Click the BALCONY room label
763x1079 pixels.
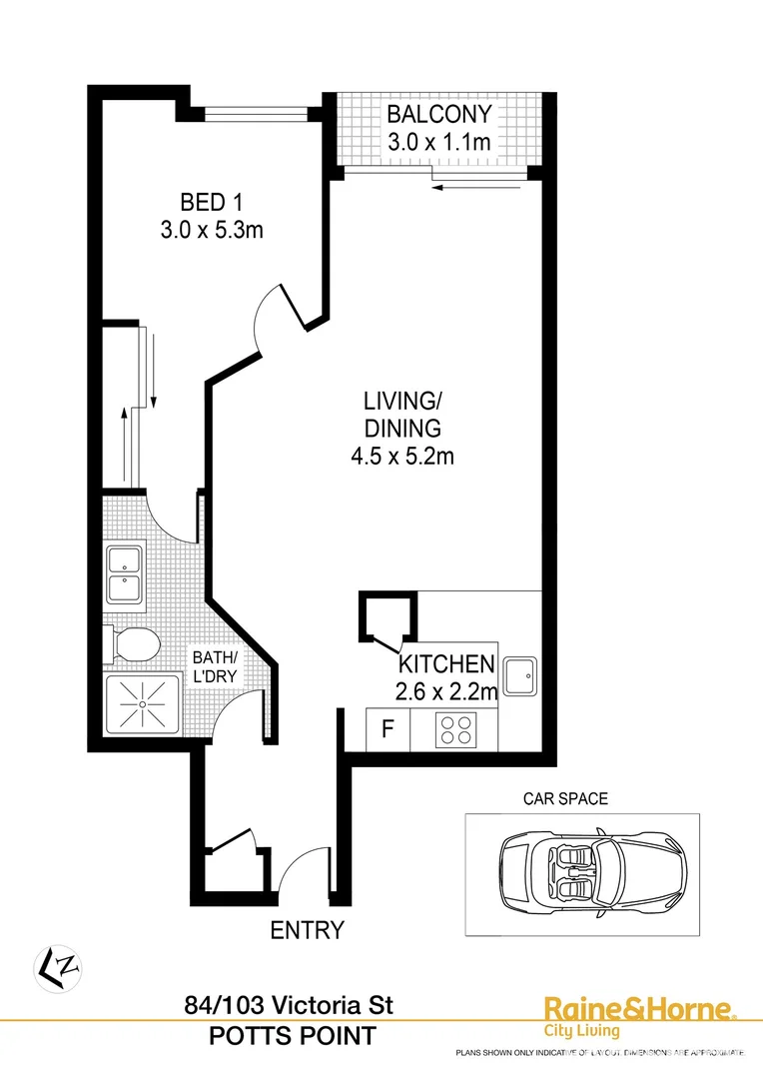[439, 113]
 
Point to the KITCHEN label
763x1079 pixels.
[446, 663]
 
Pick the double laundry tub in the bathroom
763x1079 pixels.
[127, 572]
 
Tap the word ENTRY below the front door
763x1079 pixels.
[308, 930]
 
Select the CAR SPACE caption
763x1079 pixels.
[565, 798]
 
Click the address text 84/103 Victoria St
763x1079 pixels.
[289, 1005]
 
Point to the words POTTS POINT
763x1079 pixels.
[293, 1036]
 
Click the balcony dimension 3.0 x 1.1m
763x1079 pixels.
[439, 142]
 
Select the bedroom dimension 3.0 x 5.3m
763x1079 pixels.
[211, 230]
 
